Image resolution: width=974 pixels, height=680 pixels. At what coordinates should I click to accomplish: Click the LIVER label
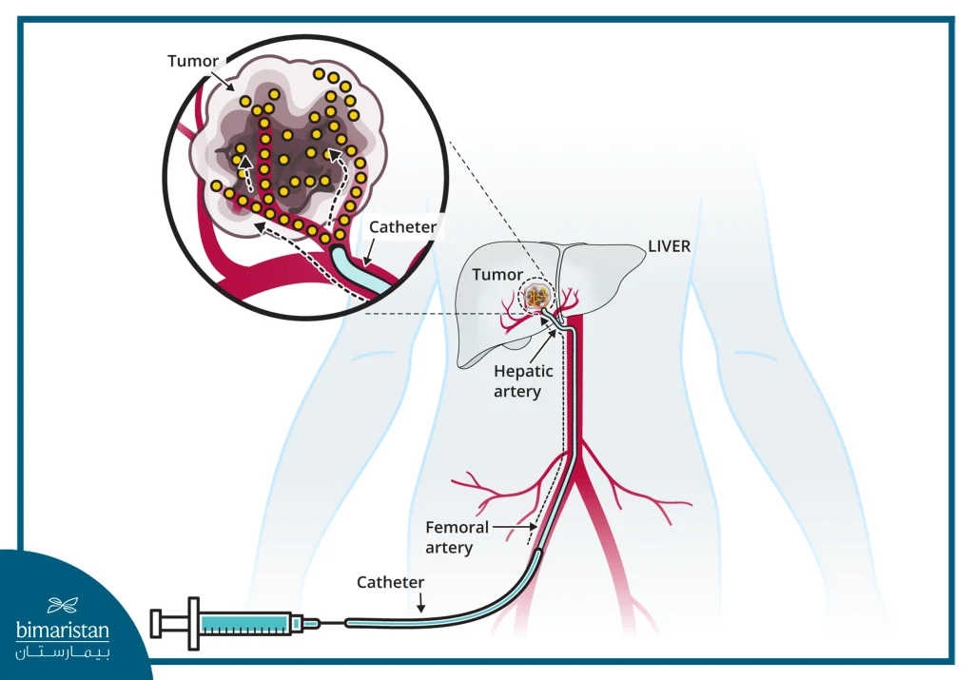pyautogui.click(x=669, y=246)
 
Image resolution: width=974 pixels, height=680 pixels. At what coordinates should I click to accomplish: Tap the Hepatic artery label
pyautogui.click(x=517, y=381)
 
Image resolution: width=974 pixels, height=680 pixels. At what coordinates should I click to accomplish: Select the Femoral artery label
pyautogui.click(x=457, y=536)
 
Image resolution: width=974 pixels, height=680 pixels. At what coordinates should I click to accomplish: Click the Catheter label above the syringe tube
pyautogui.click(x=390, y=581)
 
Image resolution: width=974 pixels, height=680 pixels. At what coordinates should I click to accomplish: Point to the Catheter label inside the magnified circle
pyautogui.click(x=402, y=227)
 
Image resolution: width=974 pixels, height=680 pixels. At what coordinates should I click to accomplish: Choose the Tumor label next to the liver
pyautogui.click(x=497, y=274)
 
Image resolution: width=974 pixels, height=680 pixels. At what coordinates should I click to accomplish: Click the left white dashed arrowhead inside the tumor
pyautogui.click(x=243, y=162)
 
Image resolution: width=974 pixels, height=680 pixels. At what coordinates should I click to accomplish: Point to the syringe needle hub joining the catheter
pyautogui.click(x=311, y=624)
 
